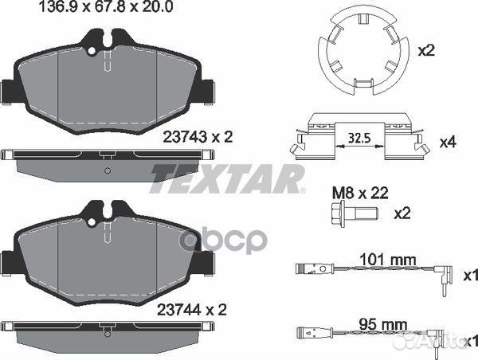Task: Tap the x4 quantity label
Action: pyautogui.click(x=449, y=144)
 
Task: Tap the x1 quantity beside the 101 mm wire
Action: pyautogui.click(x=470, y=276)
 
